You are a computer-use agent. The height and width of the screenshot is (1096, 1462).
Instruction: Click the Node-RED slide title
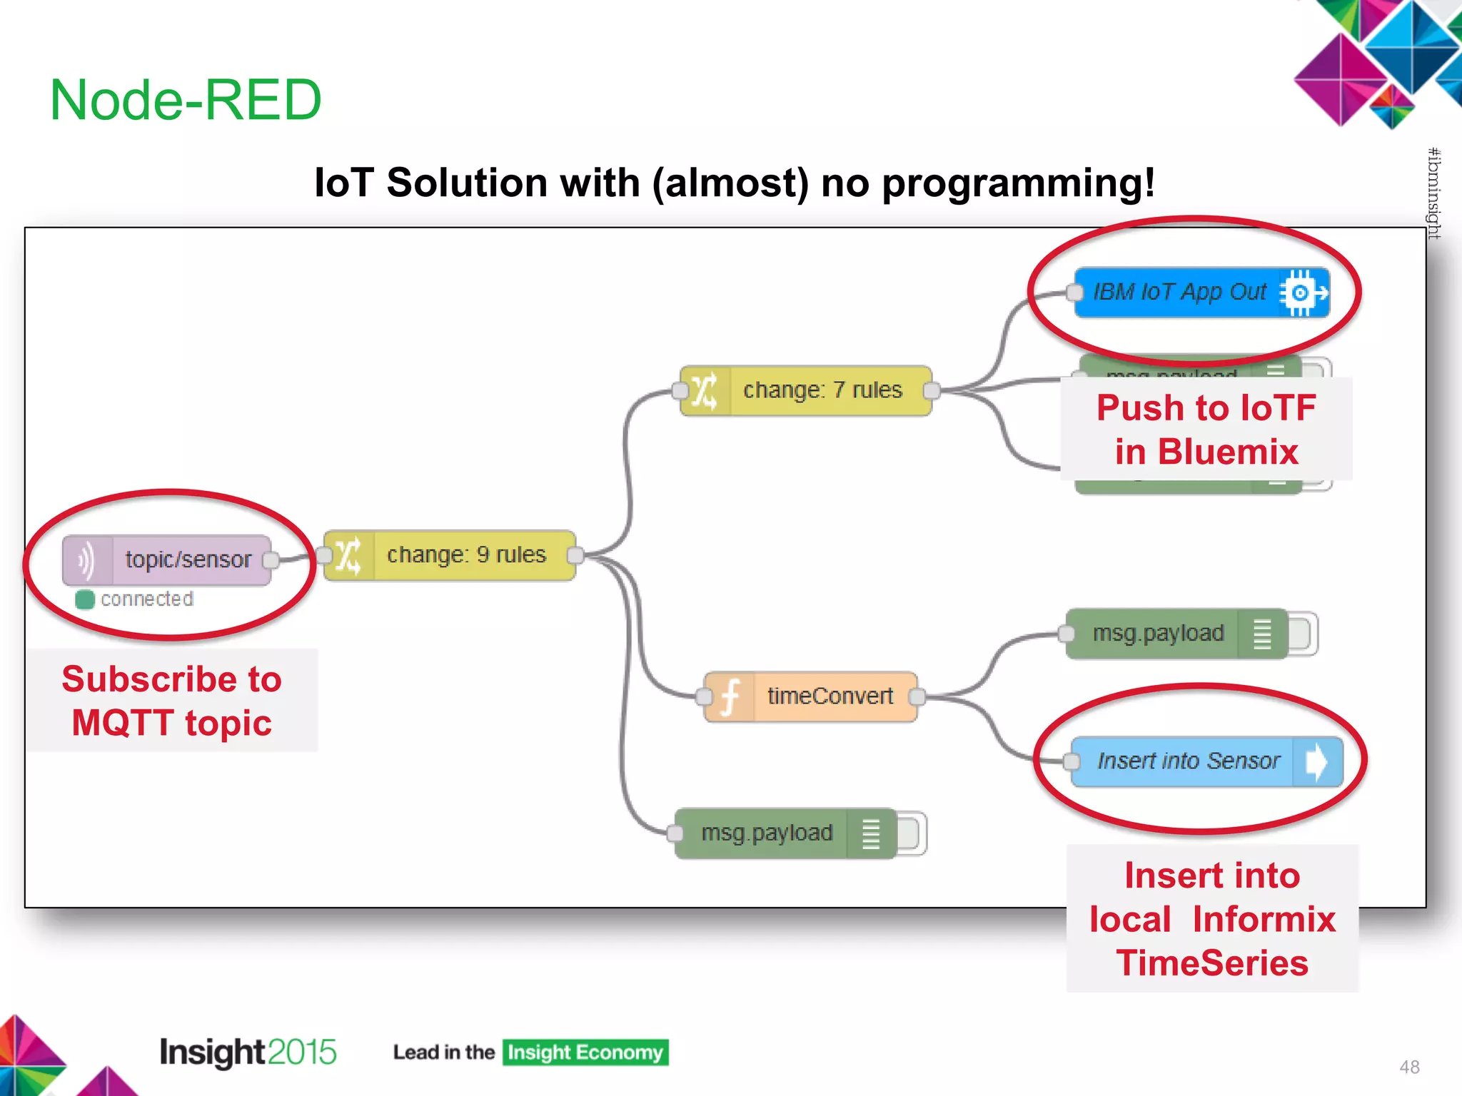point(186,100)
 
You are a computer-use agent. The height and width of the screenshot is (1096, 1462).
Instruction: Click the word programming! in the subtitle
point(1018,183)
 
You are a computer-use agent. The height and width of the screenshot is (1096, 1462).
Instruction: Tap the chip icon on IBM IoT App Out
point(1302,293)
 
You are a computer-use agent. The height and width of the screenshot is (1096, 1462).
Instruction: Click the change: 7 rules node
point(821,390)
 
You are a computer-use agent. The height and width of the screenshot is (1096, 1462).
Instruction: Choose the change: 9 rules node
point(465,555)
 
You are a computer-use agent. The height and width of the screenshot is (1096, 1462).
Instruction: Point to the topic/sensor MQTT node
point(187,559)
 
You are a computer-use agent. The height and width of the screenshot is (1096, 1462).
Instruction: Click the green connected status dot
point(85,599)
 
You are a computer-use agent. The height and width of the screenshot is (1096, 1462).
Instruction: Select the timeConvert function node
point(828,696)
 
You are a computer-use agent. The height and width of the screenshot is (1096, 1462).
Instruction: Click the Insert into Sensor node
point(1188,761)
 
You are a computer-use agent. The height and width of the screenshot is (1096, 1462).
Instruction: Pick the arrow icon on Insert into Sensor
point(1316,761)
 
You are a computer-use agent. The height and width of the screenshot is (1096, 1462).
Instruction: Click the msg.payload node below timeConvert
point(767,833)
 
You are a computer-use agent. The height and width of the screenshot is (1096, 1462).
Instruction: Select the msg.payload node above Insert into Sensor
point(1158,634)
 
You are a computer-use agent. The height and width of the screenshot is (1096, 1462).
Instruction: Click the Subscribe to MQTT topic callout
point(172,701)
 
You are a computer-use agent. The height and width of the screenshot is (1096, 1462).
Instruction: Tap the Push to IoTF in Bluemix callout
point(1206,430)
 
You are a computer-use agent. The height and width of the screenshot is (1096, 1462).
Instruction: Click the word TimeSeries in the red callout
point(1212,963)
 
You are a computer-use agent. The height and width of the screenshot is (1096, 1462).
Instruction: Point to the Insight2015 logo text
point(247,1052)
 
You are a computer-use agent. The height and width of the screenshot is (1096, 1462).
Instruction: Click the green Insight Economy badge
point(585,1052)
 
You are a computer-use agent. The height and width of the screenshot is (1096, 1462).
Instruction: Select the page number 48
point(1409,1067)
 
